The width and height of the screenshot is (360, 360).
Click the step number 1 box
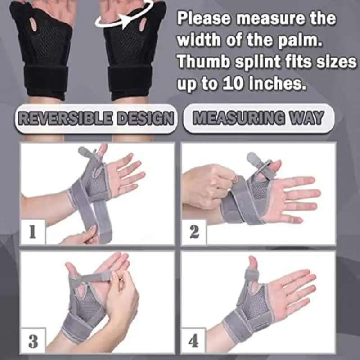click(32, 232)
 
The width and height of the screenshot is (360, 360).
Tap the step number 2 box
click(194, 232)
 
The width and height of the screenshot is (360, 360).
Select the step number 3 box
click(33, 341)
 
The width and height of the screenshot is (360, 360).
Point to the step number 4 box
click(194, 341)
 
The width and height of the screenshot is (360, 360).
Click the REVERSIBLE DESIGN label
click(95, 119)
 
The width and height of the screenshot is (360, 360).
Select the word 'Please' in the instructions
click(205, 18)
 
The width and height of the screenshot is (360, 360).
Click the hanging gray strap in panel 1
click(99, 216)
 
